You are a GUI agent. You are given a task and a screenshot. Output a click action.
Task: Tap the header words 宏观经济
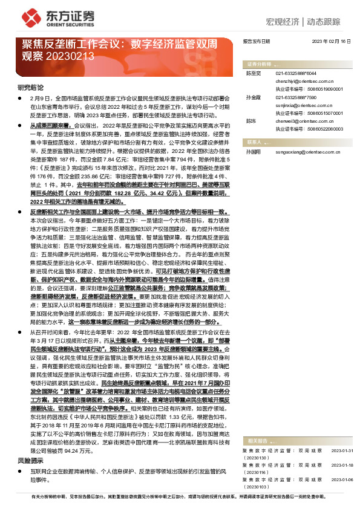283,22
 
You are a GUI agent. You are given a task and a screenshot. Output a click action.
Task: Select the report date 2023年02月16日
330,41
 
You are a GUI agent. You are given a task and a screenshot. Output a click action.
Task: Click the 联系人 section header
255,141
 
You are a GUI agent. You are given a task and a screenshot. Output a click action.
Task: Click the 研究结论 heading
29,87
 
